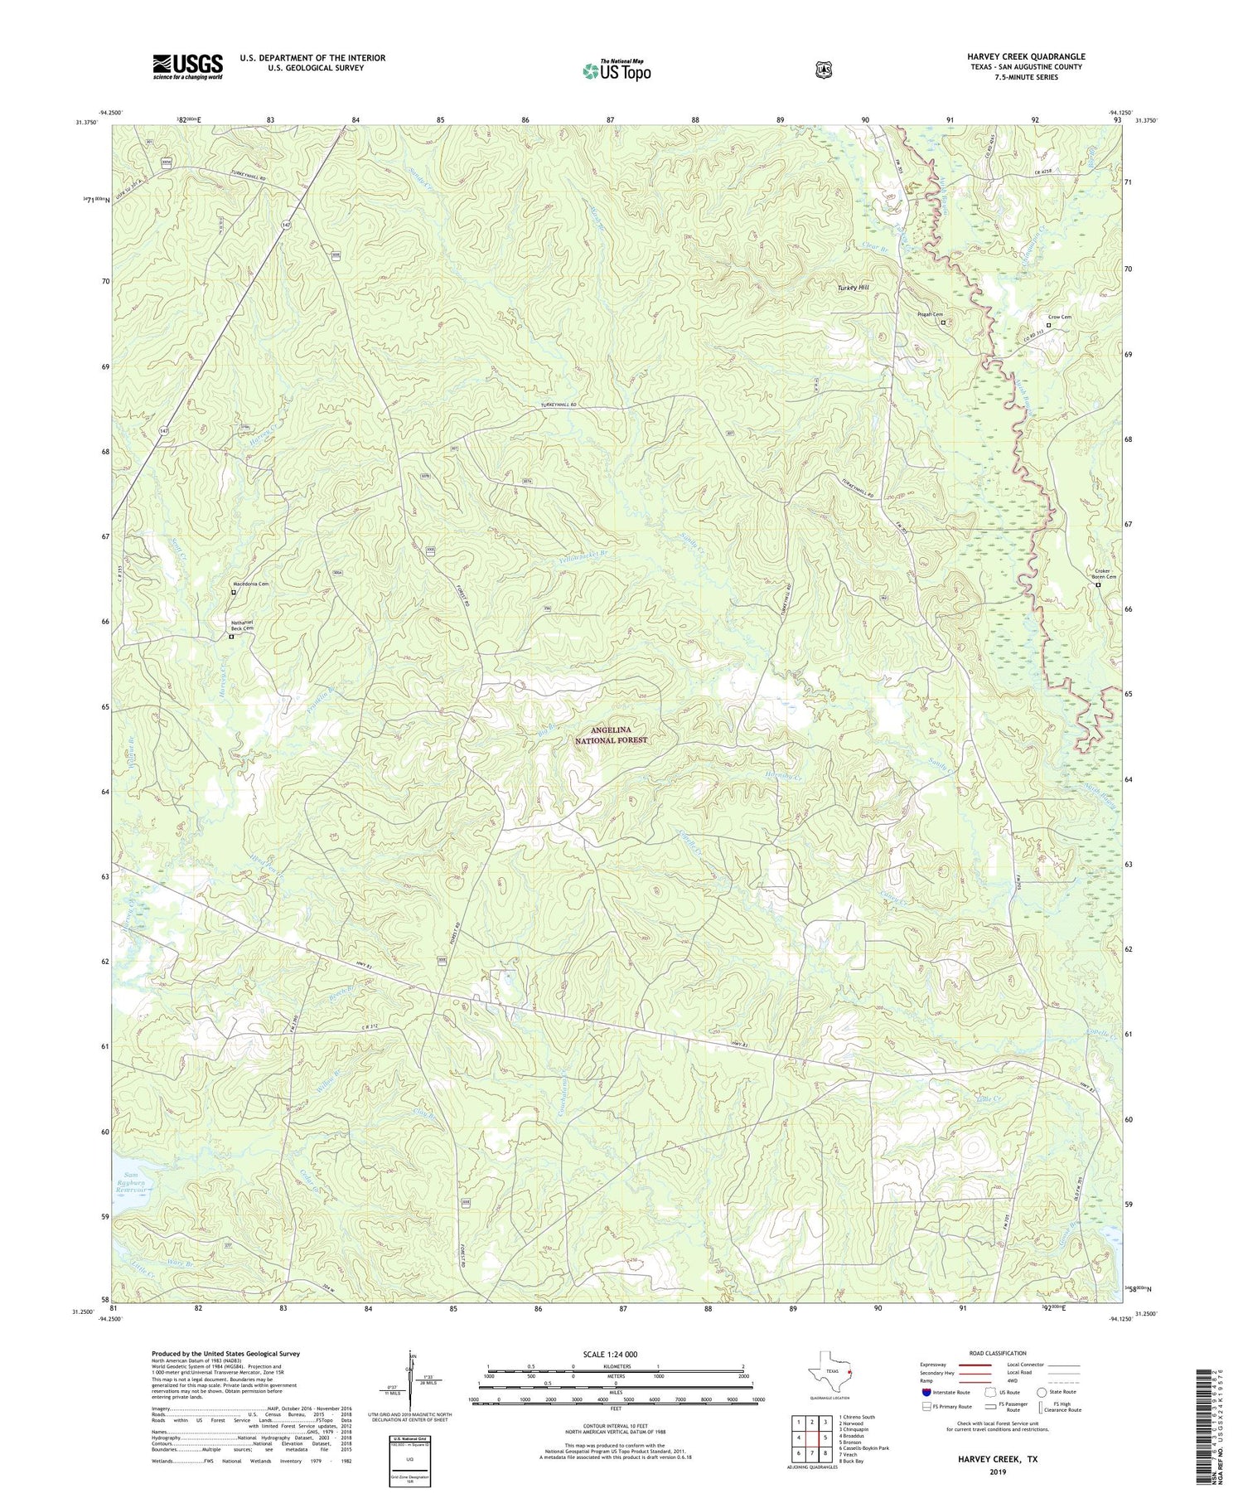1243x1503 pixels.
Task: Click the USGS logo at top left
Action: pyautogui.click(x=187, y=66)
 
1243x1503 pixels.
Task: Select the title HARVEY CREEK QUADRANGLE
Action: pyautogui.click(x=1026, y=56)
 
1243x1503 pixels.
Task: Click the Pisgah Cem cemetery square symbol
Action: pyautogui.click(x=943, y=322)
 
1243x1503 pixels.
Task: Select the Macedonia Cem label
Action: pyautogui.click(x=250, y=584)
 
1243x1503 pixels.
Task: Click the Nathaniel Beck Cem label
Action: pyautogui.click(x=245, y=626)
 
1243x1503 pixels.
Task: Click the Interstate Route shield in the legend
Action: pyautogui.click(x=926, y=1392)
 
